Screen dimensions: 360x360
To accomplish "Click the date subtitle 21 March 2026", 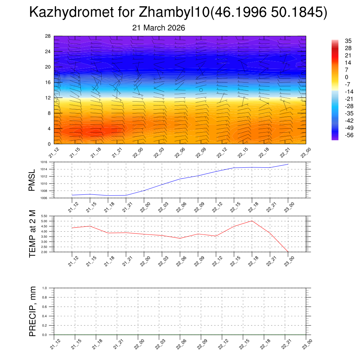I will (159, 28).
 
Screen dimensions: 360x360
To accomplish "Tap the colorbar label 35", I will (339, 41).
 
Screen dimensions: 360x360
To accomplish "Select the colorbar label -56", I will (340, 135).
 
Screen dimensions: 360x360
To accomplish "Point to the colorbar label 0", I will (337, 77).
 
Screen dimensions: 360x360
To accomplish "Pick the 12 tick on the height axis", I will (48, 98).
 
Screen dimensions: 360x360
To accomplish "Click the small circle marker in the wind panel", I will (201, 90).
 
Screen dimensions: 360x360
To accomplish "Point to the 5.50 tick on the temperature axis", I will (45, 216).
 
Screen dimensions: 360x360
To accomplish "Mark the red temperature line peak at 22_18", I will (252, 221).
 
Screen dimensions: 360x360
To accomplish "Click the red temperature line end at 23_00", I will (288, 251).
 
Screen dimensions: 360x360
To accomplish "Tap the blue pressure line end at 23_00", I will (288, 164).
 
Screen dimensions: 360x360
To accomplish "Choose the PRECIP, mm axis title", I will (33, 311).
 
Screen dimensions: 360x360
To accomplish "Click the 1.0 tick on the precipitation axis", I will (44, 288).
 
